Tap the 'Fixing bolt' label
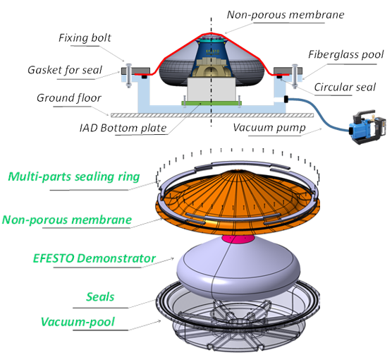pyautogui.click(x=85, y=38)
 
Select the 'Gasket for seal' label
pyautogui.click(x=65, y=70)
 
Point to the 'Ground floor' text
pyautogui.click(x=69, y=98)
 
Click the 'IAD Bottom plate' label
pyautogui.click(x=123, y=128)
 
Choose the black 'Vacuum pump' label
pyautogui.click(x=269, y=128)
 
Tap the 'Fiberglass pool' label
pyautogui.click(x=346, y=54)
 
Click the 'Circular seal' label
pyautogui.click(x=345, y=87)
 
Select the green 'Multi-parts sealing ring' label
pyautogui.click(x=74, y=176)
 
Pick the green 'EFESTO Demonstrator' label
pyautogui.click(x=94, y=258)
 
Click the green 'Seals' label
pyautogui.click(x=100, y=297)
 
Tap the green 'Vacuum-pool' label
pyautogui.click(x=78, y=322)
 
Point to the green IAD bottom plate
pyautogui.click(x=212, y=103)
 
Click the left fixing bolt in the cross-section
pyautogui.click(x=129, y=76)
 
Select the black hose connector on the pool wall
pyautogui.click(x=286, y=99)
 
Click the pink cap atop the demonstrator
pyautogui.click(x=238, y=239)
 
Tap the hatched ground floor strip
pyautogui.click(x=212, y=115)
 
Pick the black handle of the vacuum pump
pyautogui.click(x=364, y=114)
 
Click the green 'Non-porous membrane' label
pyautogui.click(x=67, y=220)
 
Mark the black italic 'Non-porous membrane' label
pyautogui.click(x=286, y=15)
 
